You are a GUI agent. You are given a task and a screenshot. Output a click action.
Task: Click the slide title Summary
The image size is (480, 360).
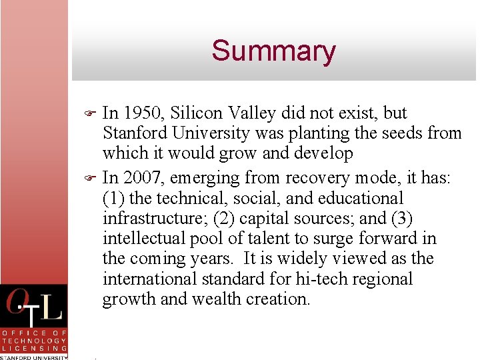pyautogui.click(x=273, y=51)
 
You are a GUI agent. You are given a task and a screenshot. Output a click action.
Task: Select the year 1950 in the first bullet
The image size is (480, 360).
pyautogui.click(x=143, y=113)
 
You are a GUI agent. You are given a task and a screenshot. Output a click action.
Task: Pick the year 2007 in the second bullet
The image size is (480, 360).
pyautogui.click(x=143, y=177)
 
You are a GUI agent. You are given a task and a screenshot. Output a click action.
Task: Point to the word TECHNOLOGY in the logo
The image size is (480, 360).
pyautogui.click(x=34, y=340)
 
